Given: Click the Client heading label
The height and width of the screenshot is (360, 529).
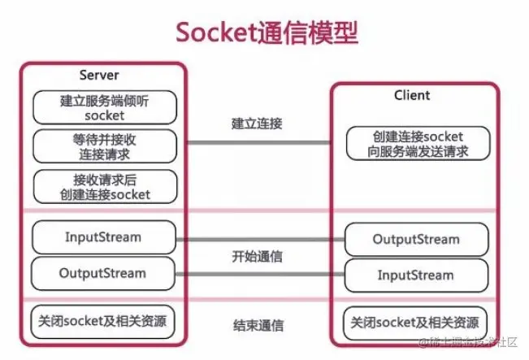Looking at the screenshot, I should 412,95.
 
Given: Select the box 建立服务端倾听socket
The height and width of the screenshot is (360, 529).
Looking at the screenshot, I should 104,107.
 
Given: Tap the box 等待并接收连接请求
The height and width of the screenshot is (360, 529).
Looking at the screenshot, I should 104,146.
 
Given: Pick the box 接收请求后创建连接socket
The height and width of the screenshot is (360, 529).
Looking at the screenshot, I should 104,186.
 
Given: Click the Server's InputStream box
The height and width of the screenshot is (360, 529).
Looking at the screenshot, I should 104,237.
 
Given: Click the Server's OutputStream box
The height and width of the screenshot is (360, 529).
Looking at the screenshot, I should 104,273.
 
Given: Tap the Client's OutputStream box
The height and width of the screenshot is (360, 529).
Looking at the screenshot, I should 416,240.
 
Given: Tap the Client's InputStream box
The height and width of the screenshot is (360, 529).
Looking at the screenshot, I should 416,275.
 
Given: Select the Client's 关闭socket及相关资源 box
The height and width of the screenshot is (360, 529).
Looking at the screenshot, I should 416,320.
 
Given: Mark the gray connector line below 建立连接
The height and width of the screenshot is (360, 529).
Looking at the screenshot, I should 258,143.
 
